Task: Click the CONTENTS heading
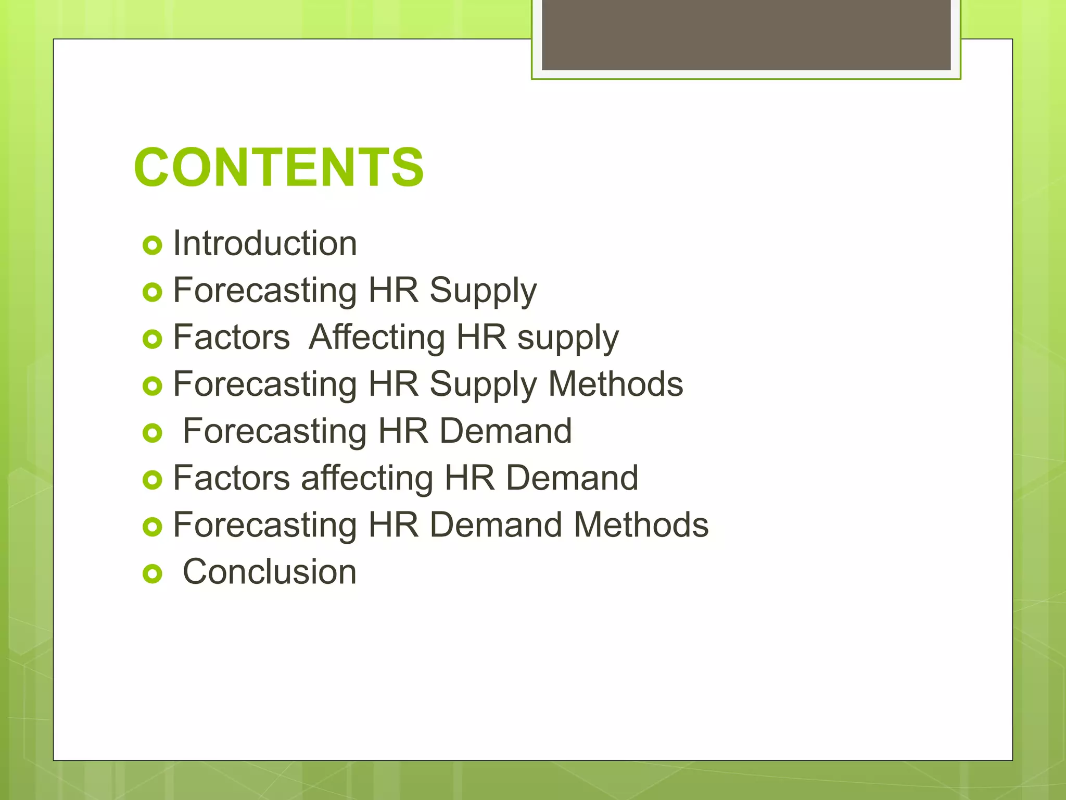point(279,167)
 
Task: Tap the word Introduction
point(265,243)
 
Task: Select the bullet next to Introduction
point(152,245)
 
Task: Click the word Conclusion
point(270,572)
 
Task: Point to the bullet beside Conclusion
point(152,574)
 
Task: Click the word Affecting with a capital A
point(377,337)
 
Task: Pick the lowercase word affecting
point(367,478)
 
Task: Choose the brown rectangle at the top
point(746,34)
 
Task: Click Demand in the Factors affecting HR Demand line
point(572,478)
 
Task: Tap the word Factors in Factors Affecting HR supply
point(231,337)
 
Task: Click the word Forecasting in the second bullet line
point(265,291)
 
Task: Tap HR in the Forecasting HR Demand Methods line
point(394,525)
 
